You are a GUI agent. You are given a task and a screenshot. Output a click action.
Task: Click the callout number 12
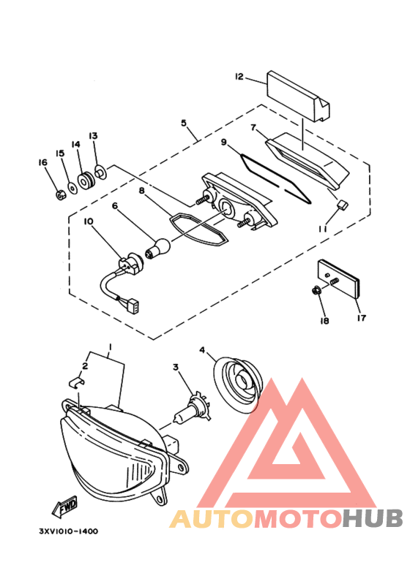coord(239,77)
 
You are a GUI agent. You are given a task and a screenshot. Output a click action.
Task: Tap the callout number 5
coord(184,123)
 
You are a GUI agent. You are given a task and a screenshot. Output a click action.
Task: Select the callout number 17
coord(361,318)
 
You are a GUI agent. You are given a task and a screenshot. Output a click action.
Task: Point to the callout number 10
coord(89,221)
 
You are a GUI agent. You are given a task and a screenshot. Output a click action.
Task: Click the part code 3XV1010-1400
coord(69,531)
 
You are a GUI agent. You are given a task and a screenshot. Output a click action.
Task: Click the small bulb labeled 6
coord(157,249)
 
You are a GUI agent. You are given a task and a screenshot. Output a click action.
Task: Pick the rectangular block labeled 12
coord(298,96)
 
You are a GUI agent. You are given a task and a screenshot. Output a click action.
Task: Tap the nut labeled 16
coord(60,195)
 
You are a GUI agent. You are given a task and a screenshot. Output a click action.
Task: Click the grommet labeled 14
coord(86,180)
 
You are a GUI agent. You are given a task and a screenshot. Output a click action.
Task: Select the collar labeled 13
coord(100,172)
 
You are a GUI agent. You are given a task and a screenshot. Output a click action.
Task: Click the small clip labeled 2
coord(77,382)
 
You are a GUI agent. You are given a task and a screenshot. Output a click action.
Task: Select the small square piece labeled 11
coord(342,205)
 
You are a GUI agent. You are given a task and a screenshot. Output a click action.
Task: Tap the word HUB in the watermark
coord(373,518)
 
